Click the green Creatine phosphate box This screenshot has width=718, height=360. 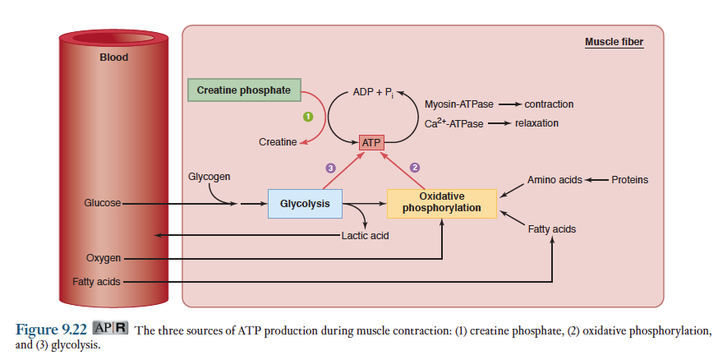(244, 90)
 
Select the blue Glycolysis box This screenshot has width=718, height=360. (305, 203)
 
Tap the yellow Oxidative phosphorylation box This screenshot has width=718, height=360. (442, 203)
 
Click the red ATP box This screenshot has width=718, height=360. (372, 142)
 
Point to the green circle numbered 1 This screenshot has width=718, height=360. (308, 117)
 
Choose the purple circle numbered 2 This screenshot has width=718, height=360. (415, 168)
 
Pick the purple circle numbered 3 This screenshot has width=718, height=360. (330, 168)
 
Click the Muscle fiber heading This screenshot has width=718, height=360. (614, 42)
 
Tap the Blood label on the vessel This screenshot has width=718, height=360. (113, 58)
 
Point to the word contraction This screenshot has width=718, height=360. (549, 104)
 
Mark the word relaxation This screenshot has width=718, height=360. (536, 123)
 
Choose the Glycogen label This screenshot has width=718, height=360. (209, 177)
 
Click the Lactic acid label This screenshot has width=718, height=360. (365, 236)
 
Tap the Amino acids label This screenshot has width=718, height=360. (555, 180)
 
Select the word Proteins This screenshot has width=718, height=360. (629, 180)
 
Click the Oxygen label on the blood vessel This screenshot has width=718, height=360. (104, 259)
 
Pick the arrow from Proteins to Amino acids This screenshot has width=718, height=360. (596, 180)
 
